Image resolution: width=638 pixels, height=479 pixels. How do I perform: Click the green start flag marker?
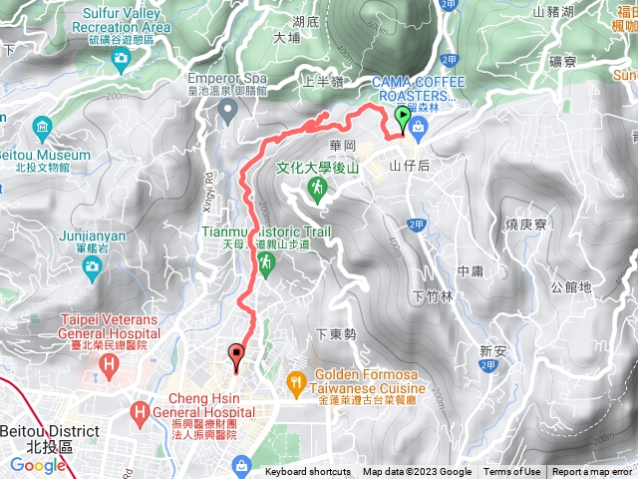(403, 120)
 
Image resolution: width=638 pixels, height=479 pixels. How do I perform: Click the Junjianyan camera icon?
(92, 265)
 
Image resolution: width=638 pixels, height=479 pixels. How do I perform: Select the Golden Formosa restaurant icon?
(296, 380)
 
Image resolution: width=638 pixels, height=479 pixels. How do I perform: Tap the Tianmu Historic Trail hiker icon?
(265, 262)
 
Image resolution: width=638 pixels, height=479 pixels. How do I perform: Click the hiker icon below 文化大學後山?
(317, 187)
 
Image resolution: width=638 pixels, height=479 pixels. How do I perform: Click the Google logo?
(38, 465)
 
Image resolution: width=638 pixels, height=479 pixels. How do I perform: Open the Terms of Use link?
(512, 472)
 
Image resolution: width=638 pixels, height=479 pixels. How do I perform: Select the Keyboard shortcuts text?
(308, 472)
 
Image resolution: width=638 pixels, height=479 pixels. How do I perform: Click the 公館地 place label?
(570, 287)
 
